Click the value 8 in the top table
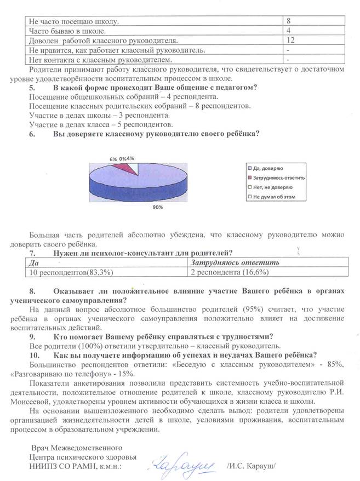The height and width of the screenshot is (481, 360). (289, 21)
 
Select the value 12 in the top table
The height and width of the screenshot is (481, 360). (291, 41)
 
